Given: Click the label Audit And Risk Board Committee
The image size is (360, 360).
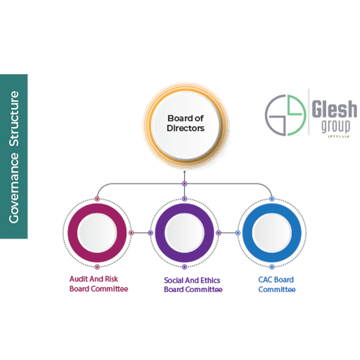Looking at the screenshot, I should click(x=99, y=284).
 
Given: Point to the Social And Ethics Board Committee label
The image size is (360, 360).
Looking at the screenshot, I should click(x=193, y=285).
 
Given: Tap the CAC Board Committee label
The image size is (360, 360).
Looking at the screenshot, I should click(x=277, y=284).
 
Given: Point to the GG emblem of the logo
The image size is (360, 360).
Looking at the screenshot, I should click(x=284, y=115).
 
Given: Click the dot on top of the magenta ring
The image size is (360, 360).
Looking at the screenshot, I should click(x=97, y=198).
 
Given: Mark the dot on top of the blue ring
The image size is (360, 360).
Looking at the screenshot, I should click(x=272, y=198).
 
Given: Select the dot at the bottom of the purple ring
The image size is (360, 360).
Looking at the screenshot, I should click(x=184, y=267).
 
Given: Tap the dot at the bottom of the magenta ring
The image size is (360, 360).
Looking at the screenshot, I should click(x=97, y=267).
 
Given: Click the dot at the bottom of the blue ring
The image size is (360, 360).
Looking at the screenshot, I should click(x=272, y=267).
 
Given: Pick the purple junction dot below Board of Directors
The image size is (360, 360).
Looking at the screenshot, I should click(x=184, y=184).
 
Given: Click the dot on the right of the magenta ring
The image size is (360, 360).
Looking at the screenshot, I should click(x=131, y=233).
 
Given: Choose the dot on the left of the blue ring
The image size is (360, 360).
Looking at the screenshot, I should click(x=238, y=233).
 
